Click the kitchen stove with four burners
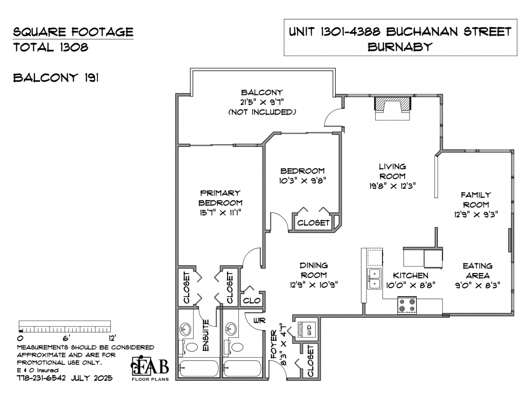407,305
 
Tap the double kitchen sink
374,279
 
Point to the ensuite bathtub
199,369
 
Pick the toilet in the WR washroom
235,346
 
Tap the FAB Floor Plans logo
150,369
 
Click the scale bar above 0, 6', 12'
65,326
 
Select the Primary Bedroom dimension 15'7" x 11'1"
220,212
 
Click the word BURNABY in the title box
400,47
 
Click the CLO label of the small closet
252,300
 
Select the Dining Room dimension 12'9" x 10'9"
314,285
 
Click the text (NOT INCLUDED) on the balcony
262,112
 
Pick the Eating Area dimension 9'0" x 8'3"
478,285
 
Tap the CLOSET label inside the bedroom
313,223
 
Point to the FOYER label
274,344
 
